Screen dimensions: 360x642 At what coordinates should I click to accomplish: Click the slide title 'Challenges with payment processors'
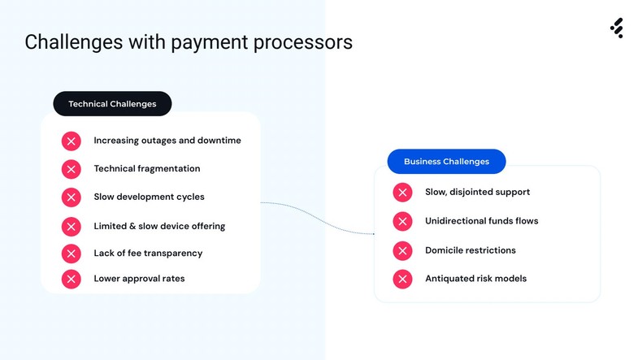pos(189,42)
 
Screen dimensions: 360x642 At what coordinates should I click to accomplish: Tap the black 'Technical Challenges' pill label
pos(112,104)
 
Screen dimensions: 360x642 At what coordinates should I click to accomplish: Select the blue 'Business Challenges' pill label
pos(446,162)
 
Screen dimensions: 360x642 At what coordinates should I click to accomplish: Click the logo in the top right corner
pos(617,28)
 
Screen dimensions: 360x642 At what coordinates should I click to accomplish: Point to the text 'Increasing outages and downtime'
pos(167,141)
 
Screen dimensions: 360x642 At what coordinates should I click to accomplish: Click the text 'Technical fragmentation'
pos(146,169)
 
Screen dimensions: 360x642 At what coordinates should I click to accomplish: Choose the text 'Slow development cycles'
pos(149,197)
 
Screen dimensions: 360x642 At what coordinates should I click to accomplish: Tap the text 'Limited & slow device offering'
pos(159,226)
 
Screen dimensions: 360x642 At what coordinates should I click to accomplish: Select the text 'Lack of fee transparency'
pos(148,254)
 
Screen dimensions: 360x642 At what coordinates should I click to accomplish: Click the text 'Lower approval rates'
pos(139,279)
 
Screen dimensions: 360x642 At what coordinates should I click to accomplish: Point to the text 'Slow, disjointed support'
pos(477,193)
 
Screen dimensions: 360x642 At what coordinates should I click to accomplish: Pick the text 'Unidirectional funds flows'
pos(481,221)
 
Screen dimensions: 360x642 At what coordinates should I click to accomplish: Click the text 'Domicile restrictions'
pos(470,250)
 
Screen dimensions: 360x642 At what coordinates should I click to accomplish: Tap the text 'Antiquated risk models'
pos(475,279)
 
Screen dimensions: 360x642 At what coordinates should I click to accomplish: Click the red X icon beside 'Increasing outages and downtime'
pos(72,141)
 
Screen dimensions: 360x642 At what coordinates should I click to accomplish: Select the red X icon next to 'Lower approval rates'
pos(72,279)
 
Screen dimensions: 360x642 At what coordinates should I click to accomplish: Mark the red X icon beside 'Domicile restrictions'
pos(402,250)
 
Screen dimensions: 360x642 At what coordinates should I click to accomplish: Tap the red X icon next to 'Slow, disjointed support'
pos(402,193)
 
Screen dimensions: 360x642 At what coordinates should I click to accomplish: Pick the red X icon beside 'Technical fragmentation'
pos(72,169)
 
